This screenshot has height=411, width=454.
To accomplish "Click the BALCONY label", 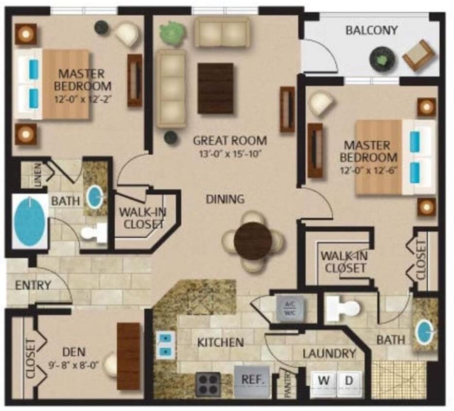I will [371, 30].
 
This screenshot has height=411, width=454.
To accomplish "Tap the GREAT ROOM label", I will [230, 141].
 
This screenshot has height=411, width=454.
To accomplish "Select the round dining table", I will [253, 241].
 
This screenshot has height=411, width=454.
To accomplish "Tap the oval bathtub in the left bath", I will [28, 222].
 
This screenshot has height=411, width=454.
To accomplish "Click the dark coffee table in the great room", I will [215, 88].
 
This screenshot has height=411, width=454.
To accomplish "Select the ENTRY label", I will [33, 285].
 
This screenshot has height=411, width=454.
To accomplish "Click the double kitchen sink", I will [166, 344].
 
